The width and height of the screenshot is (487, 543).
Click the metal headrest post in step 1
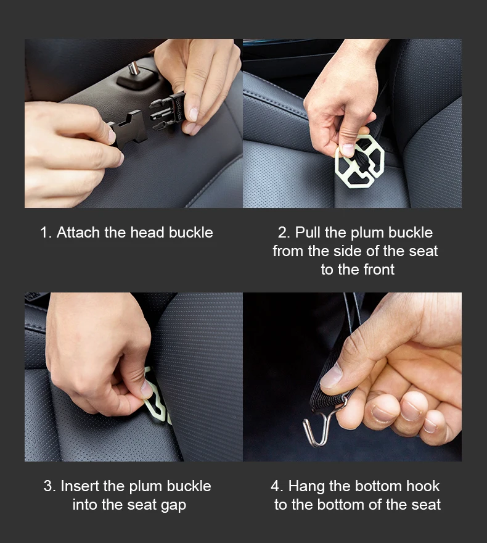pos(134,68)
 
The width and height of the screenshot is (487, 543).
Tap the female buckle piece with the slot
pos(126,130)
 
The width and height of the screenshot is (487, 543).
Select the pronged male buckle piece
pos(168,110)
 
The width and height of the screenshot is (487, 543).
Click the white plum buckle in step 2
pos(360,162)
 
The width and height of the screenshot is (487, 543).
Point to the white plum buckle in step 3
pos(155,398)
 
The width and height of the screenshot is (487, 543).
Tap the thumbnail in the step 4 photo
pos(331,376)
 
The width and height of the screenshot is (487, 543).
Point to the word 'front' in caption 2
pos(379,270)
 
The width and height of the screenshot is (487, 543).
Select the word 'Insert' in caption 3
pos(80,486)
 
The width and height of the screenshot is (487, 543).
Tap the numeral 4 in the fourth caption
pos(276,486)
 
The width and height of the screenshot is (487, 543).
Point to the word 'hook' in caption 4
pos(423,486)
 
